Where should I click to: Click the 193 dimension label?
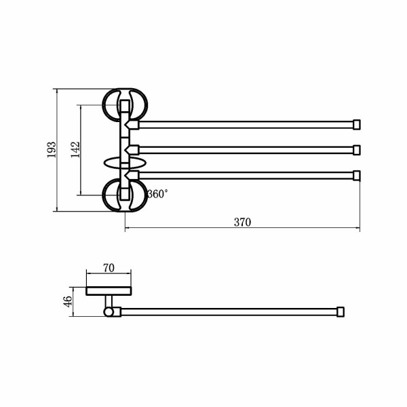[52, 149]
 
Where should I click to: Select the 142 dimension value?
[75, 149]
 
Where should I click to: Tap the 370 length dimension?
[242, 222]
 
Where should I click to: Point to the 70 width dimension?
[109, 268]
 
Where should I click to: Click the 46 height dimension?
[68, 301]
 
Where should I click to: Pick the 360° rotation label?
[157, 194]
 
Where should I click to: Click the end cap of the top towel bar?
[357, 125]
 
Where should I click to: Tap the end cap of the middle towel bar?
[357, 150]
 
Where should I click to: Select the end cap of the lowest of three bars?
[357, 176]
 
